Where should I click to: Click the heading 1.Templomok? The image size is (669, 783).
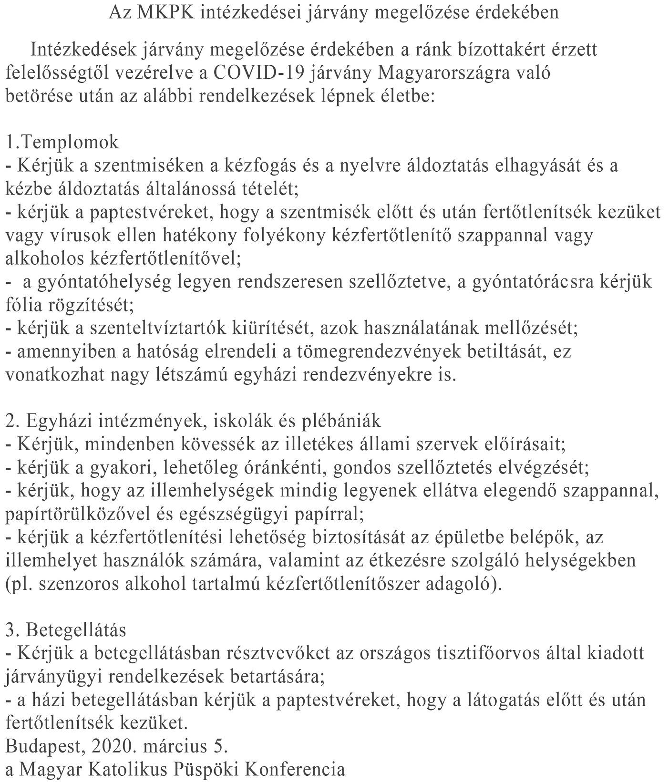(x=62, y=142)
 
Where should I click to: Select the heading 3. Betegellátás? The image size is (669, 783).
(x=66, y=630)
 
